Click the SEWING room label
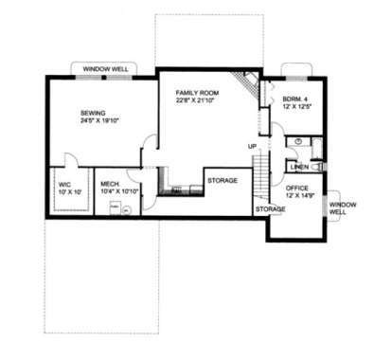click(x=93, y=112)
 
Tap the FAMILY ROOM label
click(x=197, y=92)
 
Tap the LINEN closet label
click(x=299, y=167)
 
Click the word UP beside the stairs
click(x=253, y=146)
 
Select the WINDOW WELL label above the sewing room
click(x=104, y=70)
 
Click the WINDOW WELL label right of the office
click(x=338, y=208)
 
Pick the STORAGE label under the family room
click(x=223, y=179)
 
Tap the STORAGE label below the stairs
click(x=270, y=207)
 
